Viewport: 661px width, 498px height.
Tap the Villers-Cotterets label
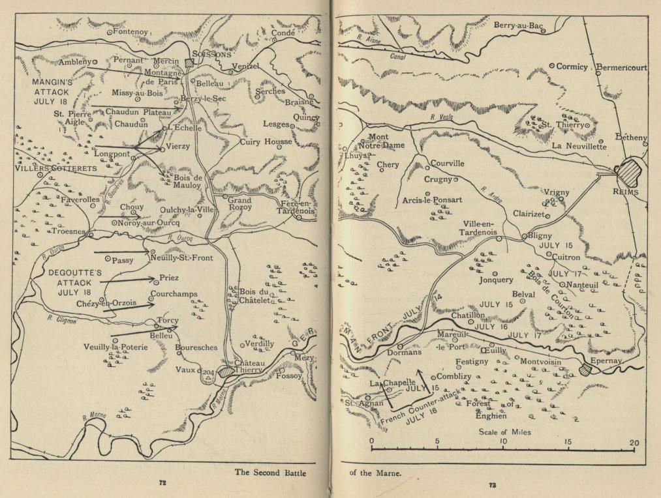pyautogui.click(x=55, y=168)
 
